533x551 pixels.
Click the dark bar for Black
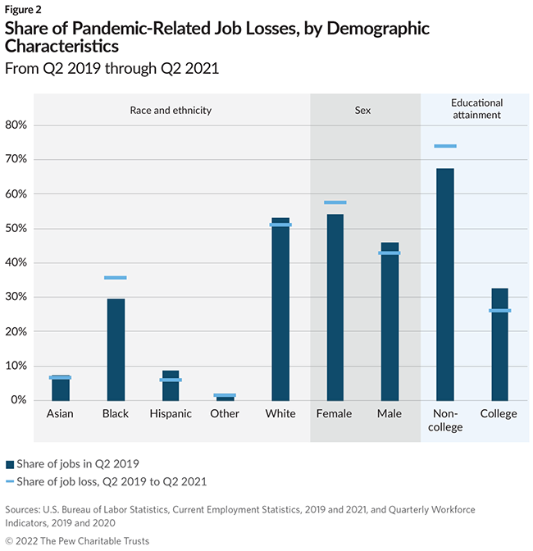click(116, 349)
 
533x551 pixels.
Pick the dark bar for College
click(499, 344)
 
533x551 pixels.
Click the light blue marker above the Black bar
click(116, 278)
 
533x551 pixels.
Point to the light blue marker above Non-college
click(445, 146)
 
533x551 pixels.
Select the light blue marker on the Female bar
click(335, 203)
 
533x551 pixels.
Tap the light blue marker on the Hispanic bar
click(171, 380)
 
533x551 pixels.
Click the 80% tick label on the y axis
click(16, 125)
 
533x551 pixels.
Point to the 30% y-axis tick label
click(16, 298)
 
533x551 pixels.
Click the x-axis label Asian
click(60, 414)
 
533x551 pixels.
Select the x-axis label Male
click(389, 414)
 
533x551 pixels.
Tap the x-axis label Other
click(225, 414)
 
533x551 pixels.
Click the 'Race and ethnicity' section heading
click(171, 109)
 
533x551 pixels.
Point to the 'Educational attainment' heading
click(476, 109)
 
